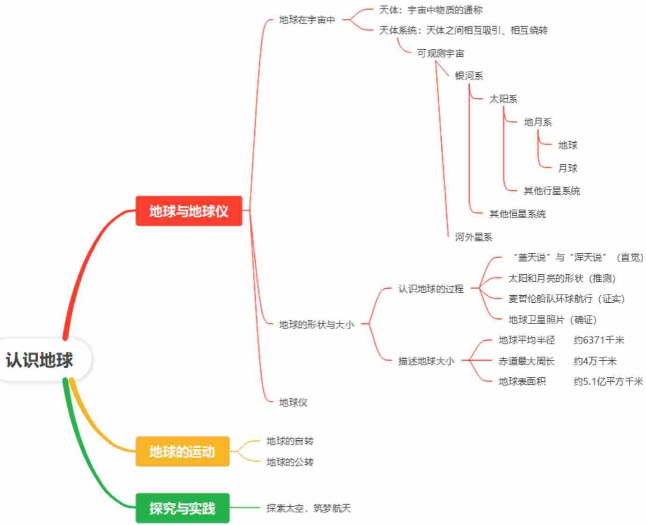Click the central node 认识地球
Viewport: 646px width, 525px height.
point(40,360)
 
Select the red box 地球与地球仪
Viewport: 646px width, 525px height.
point(189,211)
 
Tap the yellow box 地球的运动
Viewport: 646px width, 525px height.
point(182,452)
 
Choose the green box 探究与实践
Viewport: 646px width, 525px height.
point(182,508)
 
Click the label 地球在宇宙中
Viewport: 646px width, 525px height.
point(307,20)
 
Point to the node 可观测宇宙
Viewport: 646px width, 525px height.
point(440,53)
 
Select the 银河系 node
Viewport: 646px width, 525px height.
point(469,76)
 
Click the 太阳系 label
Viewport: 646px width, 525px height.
point(503,99)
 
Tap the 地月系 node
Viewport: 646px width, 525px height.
point(538,122)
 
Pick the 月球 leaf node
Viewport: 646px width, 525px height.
point(567,168)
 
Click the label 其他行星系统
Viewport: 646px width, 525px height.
point(552,191)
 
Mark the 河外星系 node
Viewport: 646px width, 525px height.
point(474,237)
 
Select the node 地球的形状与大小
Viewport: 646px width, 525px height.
point(316,324)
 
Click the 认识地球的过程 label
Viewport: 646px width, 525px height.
point(431,289)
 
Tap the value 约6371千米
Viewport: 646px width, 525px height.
point(599,340)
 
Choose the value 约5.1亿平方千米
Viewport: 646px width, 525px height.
point(608,381)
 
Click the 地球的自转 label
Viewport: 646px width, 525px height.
point(290,441)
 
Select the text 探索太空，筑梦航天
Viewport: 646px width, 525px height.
point(309,508)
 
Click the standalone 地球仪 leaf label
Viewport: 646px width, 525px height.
point(293,402)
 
